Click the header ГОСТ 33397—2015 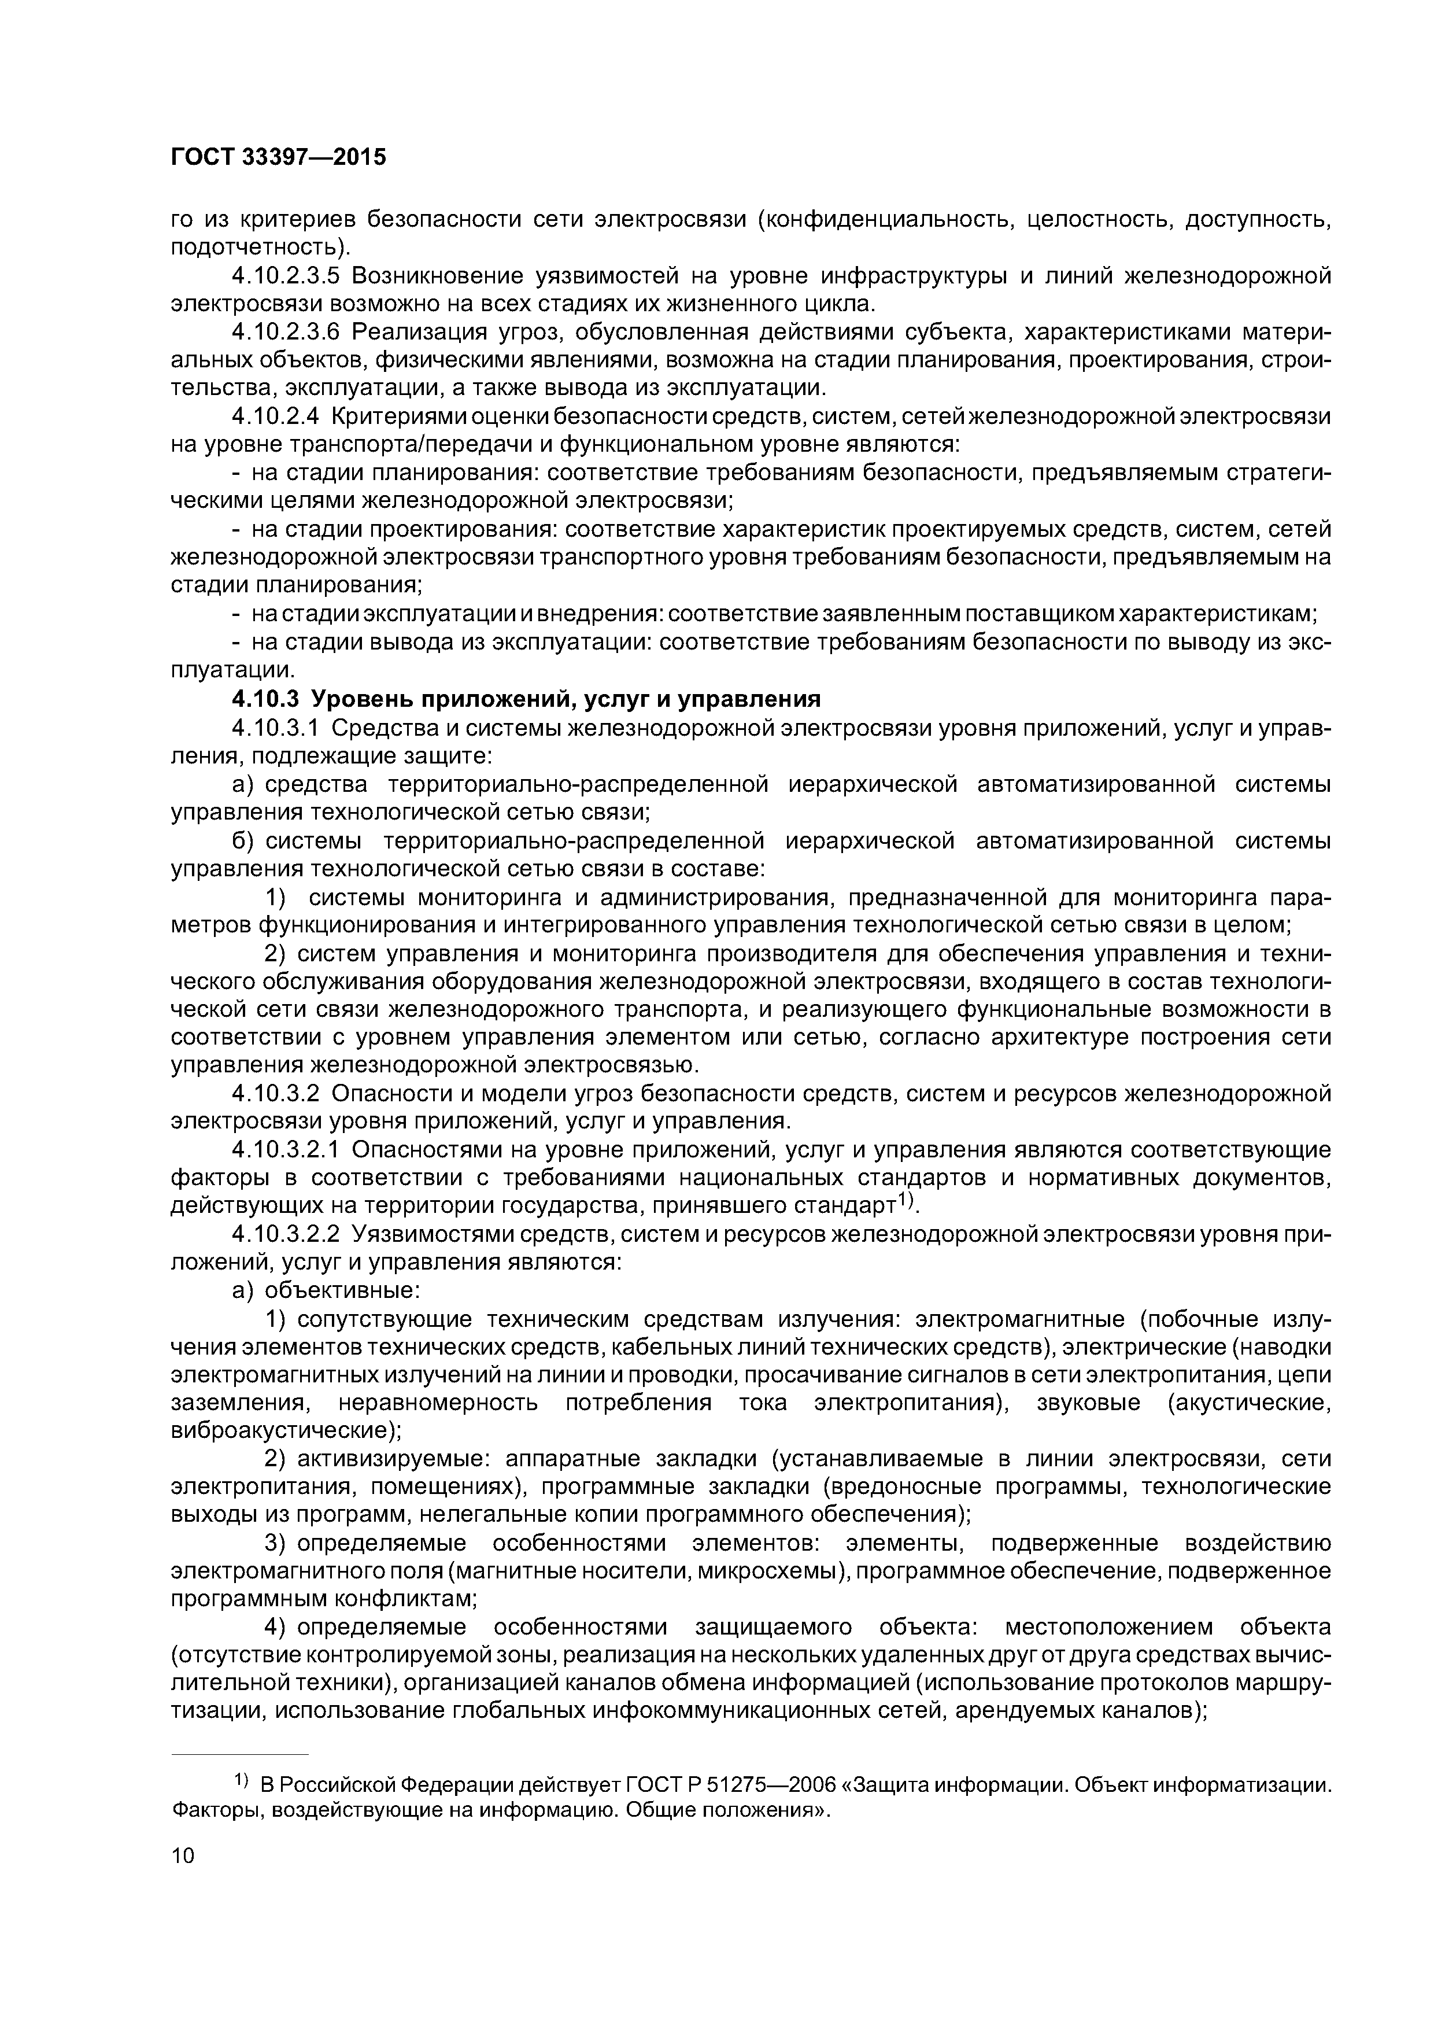point(278,157)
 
